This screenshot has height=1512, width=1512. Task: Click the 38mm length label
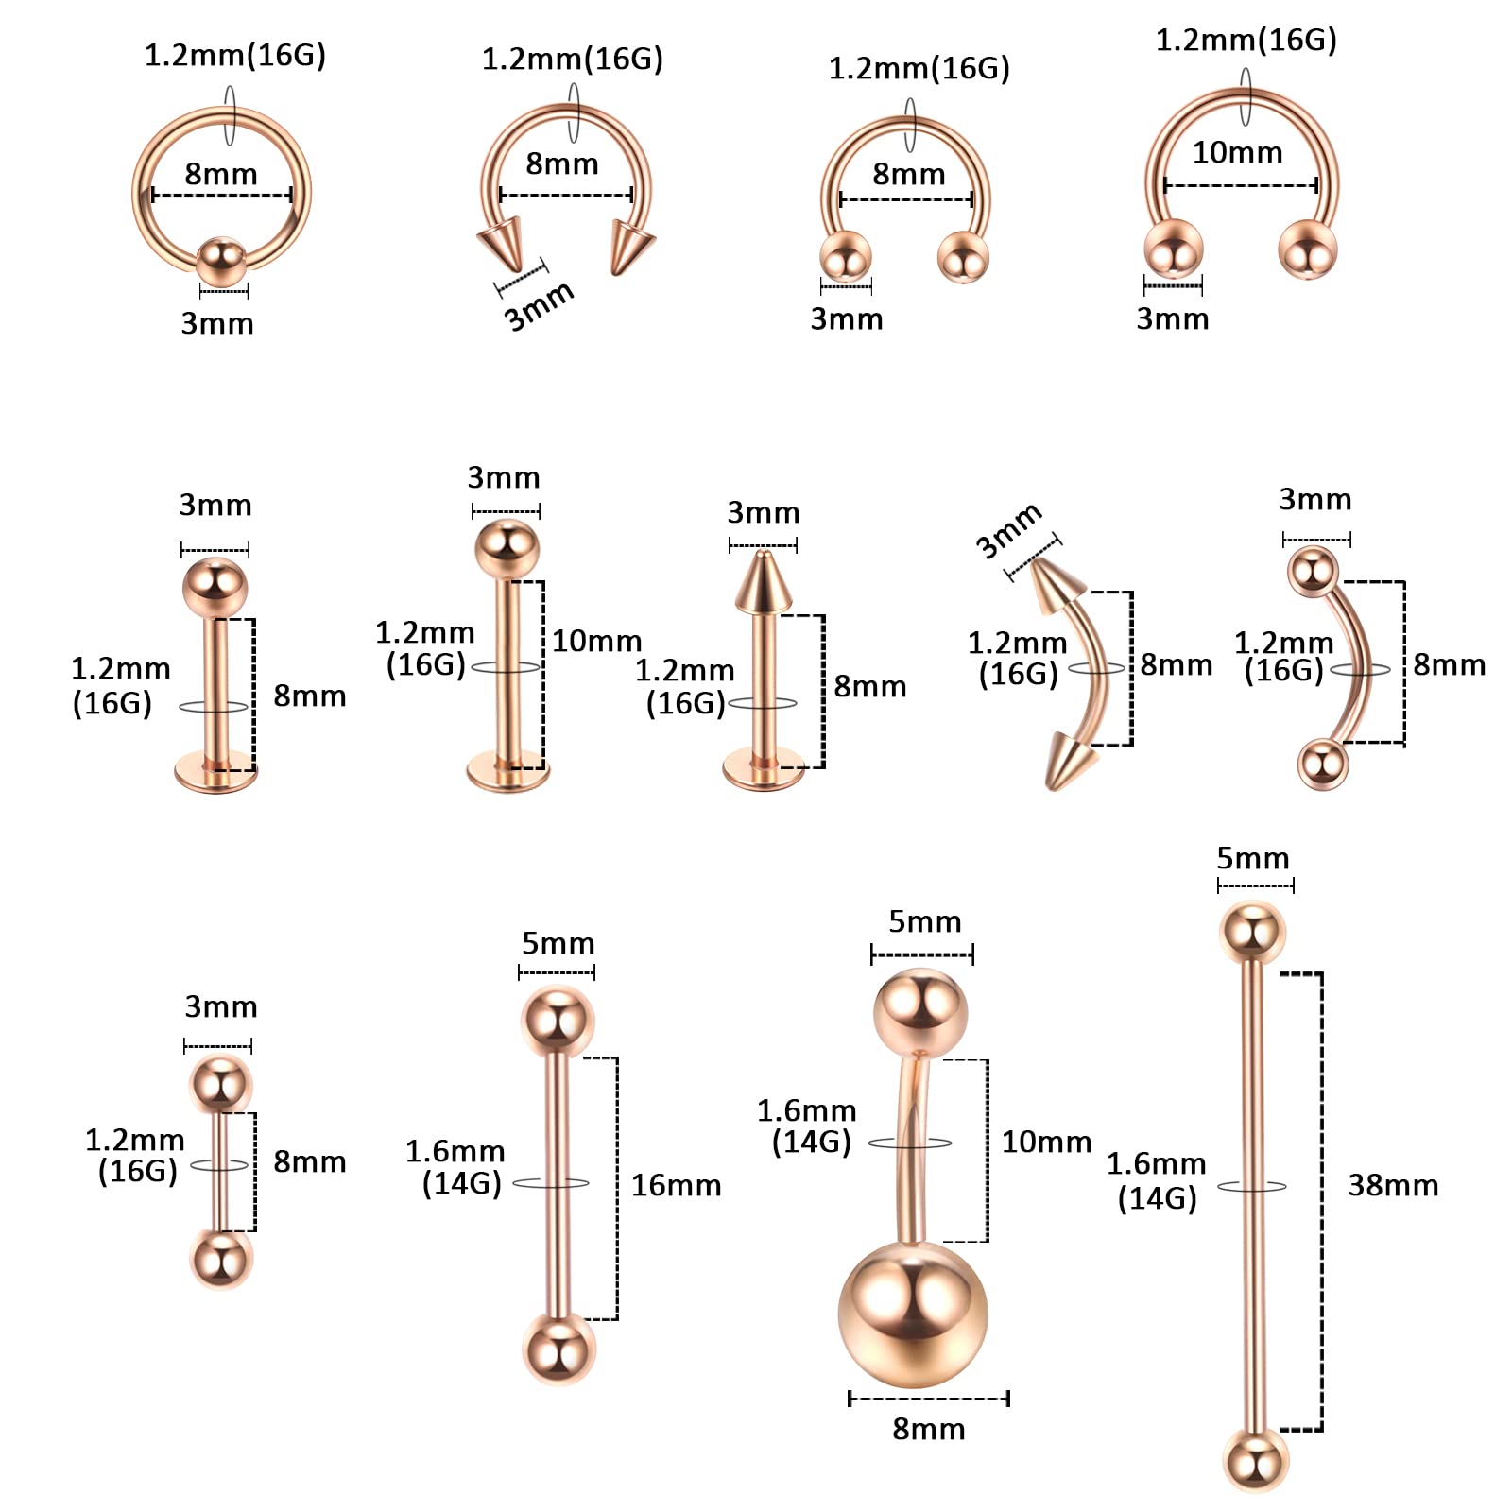point(1393,1185)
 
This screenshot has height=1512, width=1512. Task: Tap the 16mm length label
point(676,1185)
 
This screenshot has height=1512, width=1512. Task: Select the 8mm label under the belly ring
point(929,1429)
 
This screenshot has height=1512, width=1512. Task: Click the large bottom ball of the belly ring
point(913,1314)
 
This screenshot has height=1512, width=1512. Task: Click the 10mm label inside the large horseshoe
point(1237,152)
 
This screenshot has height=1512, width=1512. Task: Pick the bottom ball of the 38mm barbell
point(1256,1460)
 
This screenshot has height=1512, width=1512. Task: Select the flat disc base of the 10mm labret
point(508,772)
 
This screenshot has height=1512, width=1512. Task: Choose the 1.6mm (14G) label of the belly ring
point(807,1126)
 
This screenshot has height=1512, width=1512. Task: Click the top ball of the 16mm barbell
point(558,1022)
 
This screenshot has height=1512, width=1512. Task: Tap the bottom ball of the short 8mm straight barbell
point(222,1260)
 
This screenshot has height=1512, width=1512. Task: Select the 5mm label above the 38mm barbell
point(1253,858)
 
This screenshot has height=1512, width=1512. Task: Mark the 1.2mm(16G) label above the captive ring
point(235,56)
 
